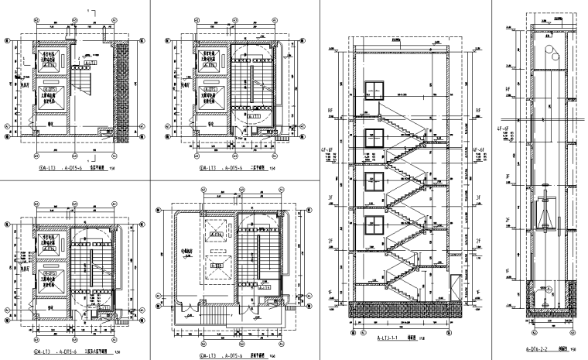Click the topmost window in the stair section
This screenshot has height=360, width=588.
pos(376,91)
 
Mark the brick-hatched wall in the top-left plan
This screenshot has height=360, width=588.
pos(121,85)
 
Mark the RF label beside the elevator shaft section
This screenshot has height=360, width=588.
pos(508,90)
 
